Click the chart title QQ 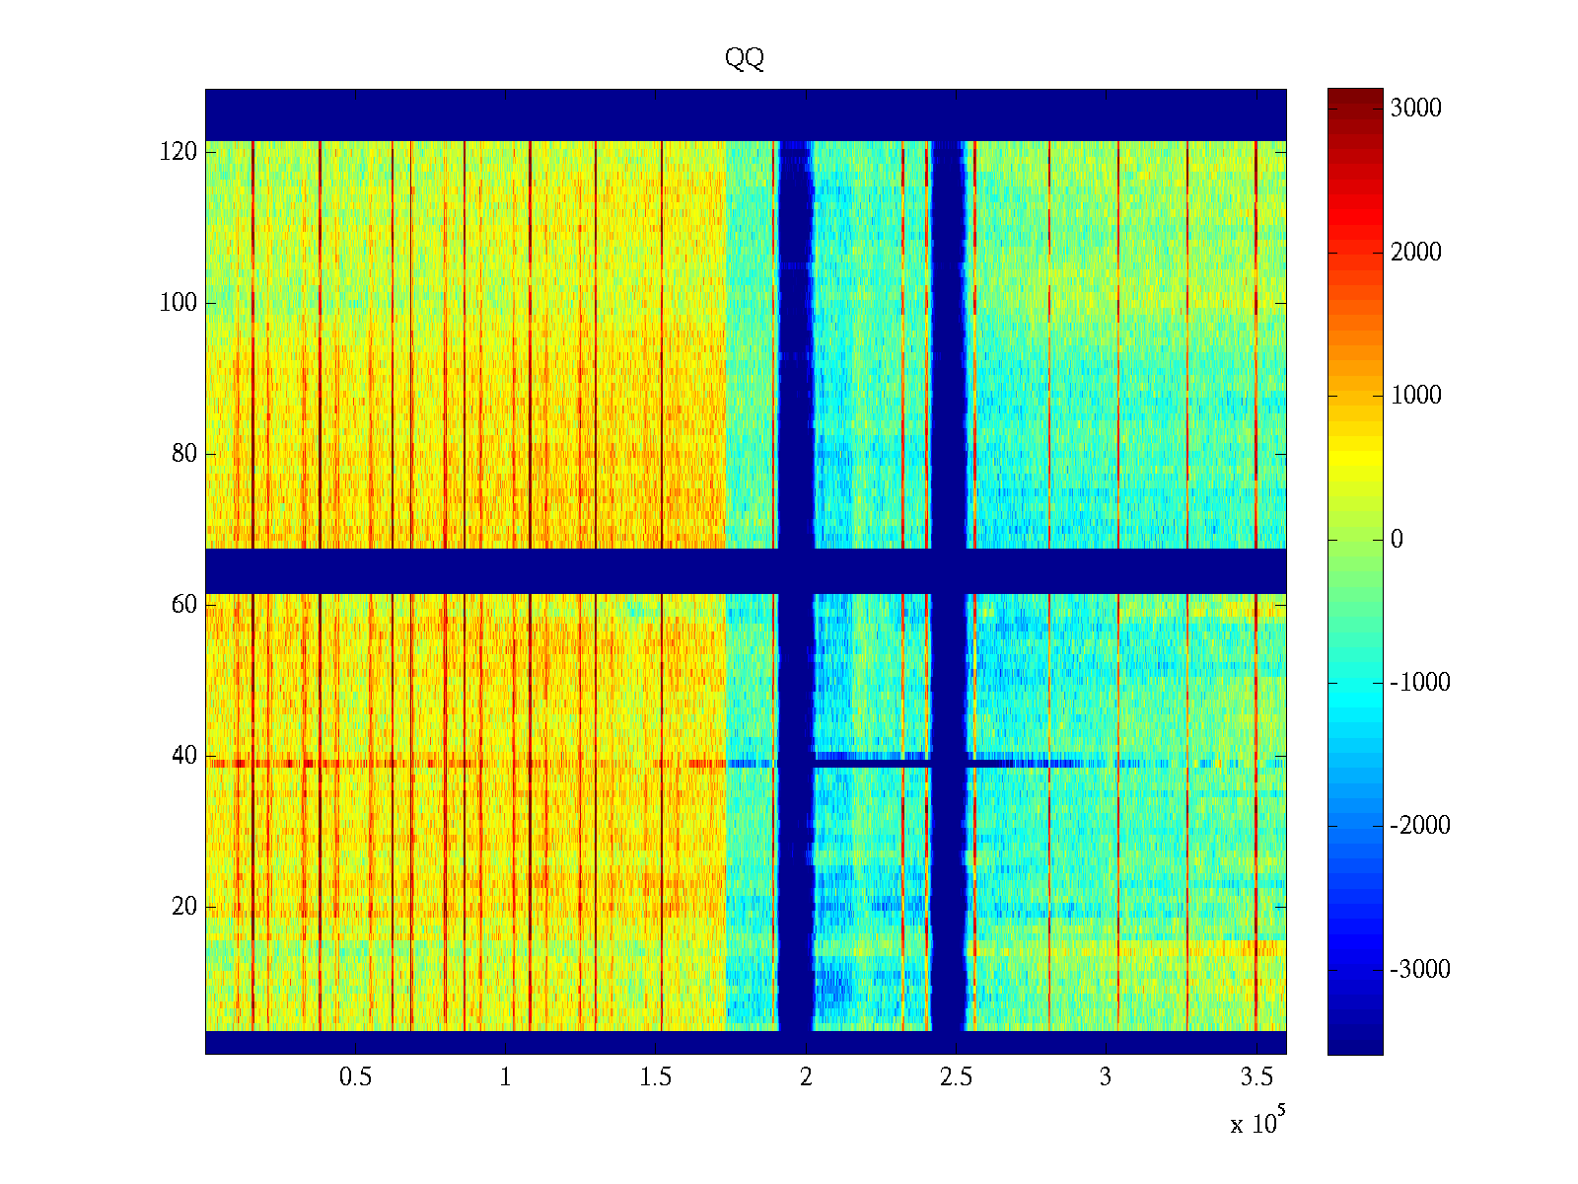745,59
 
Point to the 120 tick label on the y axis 179,152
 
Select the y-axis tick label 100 179,303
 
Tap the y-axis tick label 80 184,454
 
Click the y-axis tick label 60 184,605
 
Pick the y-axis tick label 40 184,756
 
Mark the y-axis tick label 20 184,907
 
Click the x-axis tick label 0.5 356,1077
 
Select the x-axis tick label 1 506,1077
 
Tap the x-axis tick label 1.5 656,1077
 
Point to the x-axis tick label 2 806,1077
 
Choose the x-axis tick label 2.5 956,1077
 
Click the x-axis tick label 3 1106,1077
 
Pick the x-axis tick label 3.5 1256,1077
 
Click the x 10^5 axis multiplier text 1257,1123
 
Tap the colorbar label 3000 1416,109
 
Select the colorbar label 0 1397,540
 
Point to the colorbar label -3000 1420,970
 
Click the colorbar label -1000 1420,683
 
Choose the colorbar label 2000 1416,253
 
